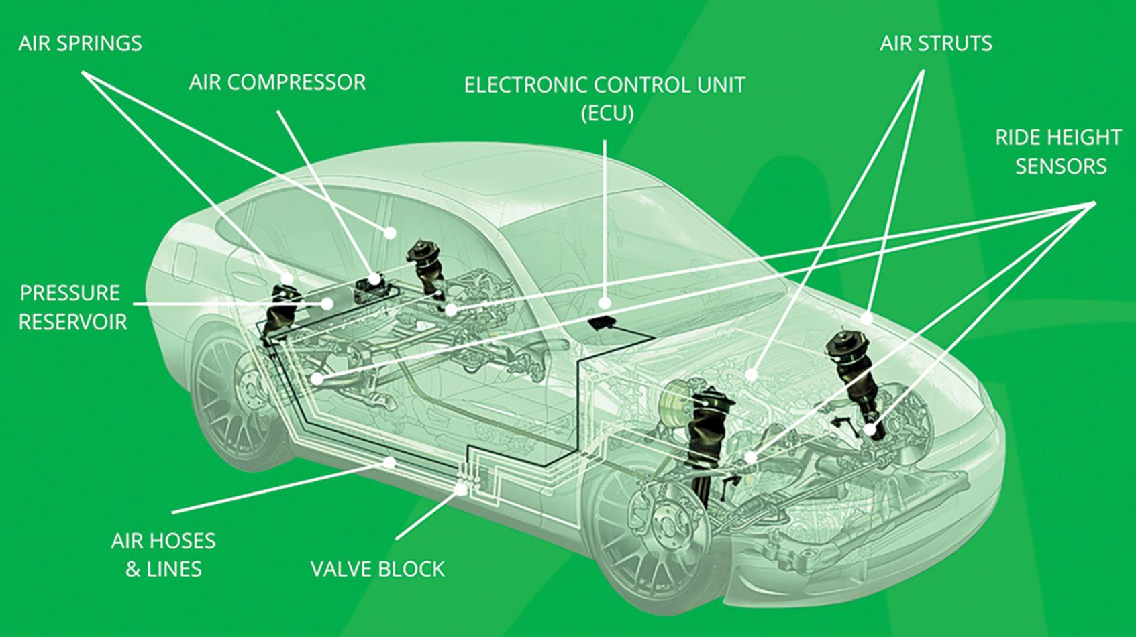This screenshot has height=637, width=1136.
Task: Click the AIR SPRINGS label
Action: pyautogui.click(x=80, y=44)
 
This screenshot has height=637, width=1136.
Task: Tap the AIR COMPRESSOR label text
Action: pyautogui.click(x=277, y=82)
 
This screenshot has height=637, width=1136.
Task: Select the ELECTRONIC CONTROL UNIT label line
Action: pyautogui.click(x=605, y=86)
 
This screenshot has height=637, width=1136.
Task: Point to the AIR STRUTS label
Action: pyautogui.click(x=935, y=44)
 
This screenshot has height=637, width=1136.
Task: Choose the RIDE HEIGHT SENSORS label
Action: pyautogui.click(x=1058, y=152)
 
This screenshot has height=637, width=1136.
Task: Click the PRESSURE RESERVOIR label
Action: pyautogui.click(x=72, y=307)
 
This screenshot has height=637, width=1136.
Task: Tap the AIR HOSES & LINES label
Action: pyautogui.click(x=163, y=555)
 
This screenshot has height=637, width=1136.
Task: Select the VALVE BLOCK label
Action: pyautogui.click(x=377, y=569)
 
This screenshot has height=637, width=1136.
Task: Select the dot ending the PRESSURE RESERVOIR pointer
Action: pyautogui.click(x=327, y=304)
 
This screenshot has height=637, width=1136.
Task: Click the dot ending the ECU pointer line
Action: pyautogui.click(x=605, y=303)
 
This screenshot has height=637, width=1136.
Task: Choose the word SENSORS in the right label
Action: pyautogui.click(x=1060, y=166)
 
